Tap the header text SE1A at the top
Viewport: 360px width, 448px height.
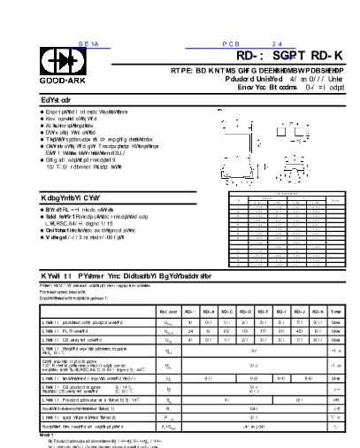click(90, 42)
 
